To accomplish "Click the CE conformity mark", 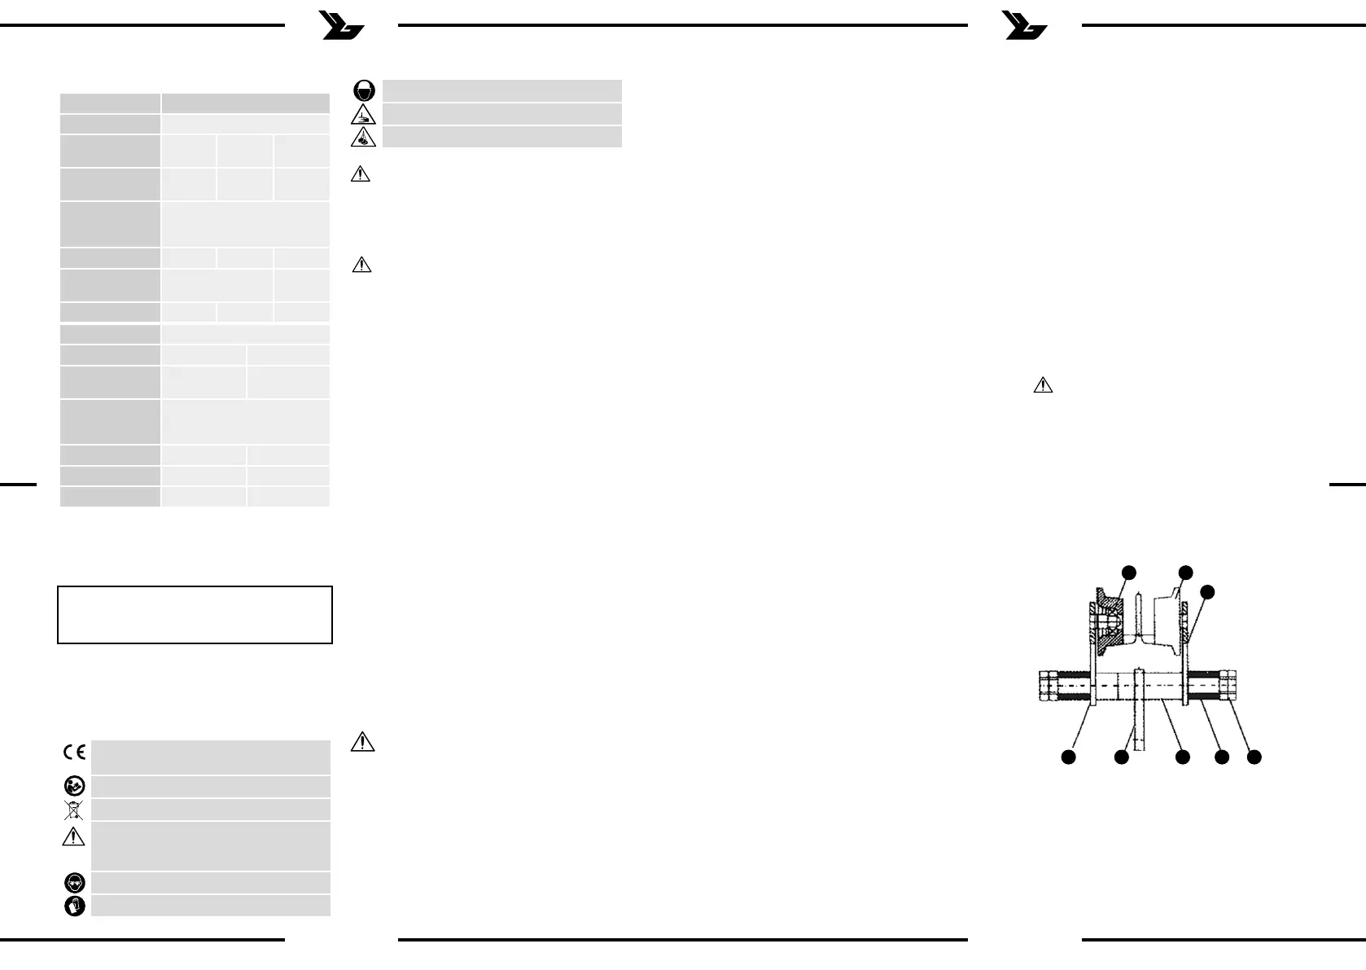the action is [74, 753].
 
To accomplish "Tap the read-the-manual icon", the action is [74, 786].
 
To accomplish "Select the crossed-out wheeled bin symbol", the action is [74, 810].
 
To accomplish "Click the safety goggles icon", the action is [74, 883].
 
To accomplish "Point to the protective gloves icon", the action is [74, 906].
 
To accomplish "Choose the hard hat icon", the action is [364, 90].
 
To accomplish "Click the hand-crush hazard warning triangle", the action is [363, 115].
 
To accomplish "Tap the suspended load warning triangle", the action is [363, 137].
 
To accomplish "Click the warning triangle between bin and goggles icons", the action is [74, 836].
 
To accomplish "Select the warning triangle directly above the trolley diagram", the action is [1043, 385].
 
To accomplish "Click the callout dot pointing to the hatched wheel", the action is [1128, 571].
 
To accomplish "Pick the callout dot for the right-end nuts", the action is [1254, 757].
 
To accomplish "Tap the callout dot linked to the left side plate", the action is [1068, 757].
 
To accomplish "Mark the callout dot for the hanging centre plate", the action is [1121, 757].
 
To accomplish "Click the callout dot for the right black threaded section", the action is [1221, 757].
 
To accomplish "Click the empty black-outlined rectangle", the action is [195, 615].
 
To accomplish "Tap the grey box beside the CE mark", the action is [210, 757].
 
